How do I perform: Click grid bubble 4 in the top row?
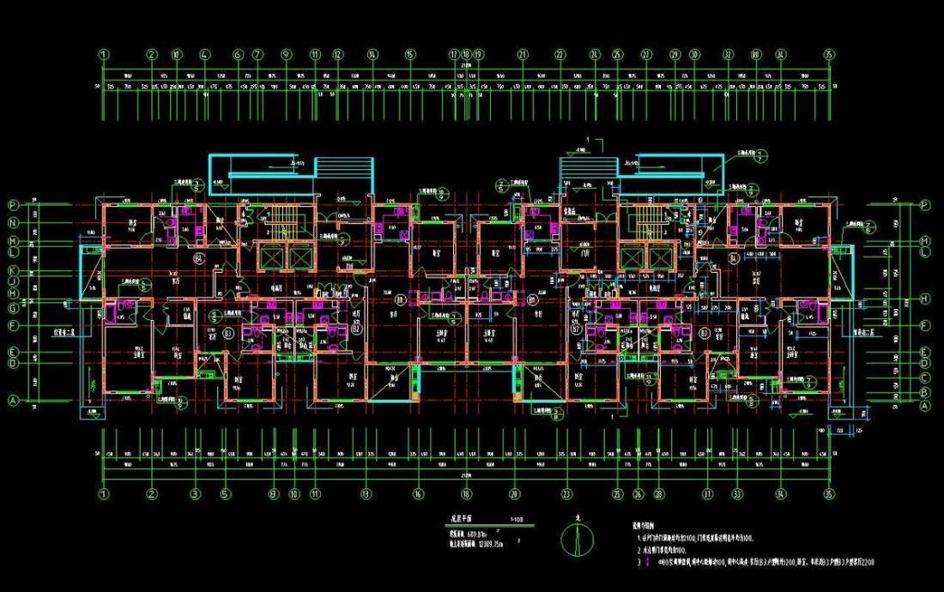(205, 54)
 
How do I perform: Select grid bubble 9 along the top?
(286, 54)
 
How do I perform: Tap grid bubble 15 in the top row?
(410, 54)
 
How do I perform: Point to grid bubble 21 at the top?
(522, 54)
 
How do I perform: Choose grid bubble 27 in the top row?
(645, 54)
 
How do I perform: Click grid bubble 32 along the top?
(728, 54)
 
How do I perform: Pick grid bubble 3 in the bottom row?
(195, 494)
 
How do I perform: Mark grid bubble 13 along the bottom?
(366, 494)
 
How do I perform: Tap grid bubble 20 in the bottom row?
(515, 494)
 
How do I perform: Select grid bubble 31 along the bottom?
(708, 494)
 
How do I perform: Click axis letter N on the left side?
(14, 220)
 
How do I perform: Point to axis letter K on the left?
(14, 269)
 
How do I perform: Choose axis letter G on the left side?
(14, 306)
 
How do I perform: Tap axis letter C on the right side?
(925, 377)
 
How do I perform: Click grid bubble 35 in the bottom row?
(829, 494)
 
